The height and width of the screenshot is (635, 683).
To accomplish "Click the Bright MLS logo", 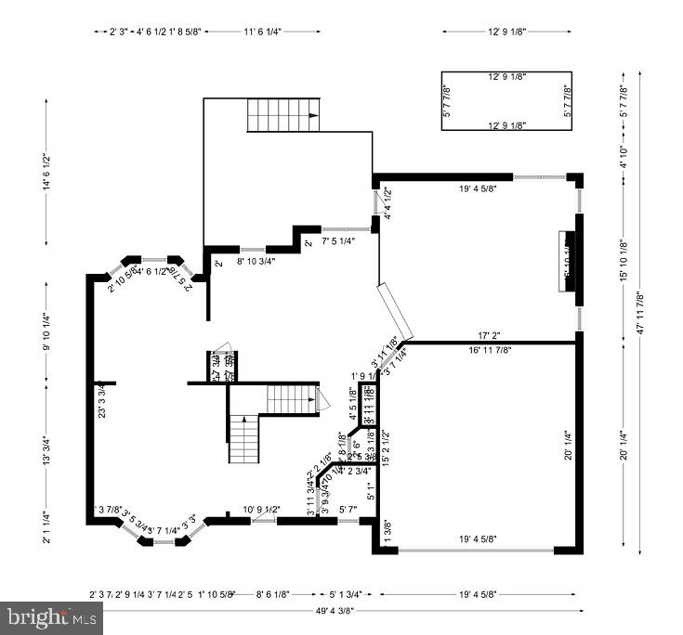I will click(x=53, y=615).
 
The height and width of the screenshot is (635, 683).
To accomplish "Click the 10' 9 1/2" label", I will click(x=262, y=509).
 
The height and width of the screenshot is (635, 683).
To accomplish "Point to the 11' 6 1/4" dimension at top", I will click(x=262, y=32).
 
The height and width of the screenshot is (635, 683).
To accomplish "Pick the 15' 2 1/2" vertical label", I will click(x=384, y=447).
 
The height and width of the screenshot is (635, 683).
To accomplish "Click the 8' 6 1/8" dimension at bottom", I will click(x=273, y=593).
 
